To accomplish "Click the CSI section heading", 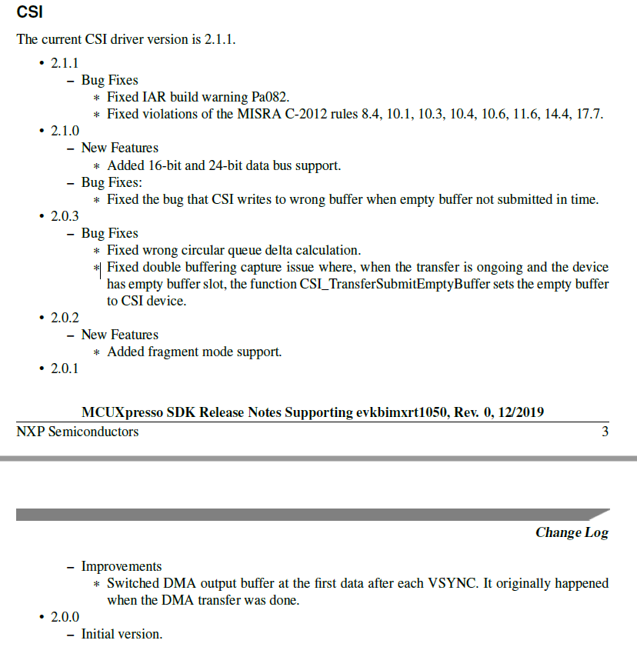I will (x=29, y=13).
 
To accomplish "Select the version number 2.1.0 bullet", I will (x=65, y=131).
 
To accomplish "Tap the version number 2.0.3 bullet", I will (x=65, y=216).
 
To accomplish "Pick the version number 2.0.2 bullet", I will (x=65, y=318).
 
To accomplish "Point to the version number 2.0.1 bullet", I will (x=65, y=369).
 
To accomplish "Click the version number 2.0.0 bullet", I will (x=65, y=617).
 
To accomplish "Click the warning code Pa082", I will (x=270, y=97).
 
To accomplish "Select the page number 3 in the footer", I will (x=605, y=432).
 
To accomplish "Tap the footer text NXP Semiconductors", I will (x=78, y=432).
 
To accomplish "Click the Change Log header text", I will (x=572, y=532).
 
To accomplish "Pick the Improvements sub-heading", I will (x=122, y=566).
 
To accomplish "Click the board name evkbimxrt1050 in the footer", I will (x=402, y=412).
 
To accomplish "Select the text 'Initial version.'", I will (x=122, y=634).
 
